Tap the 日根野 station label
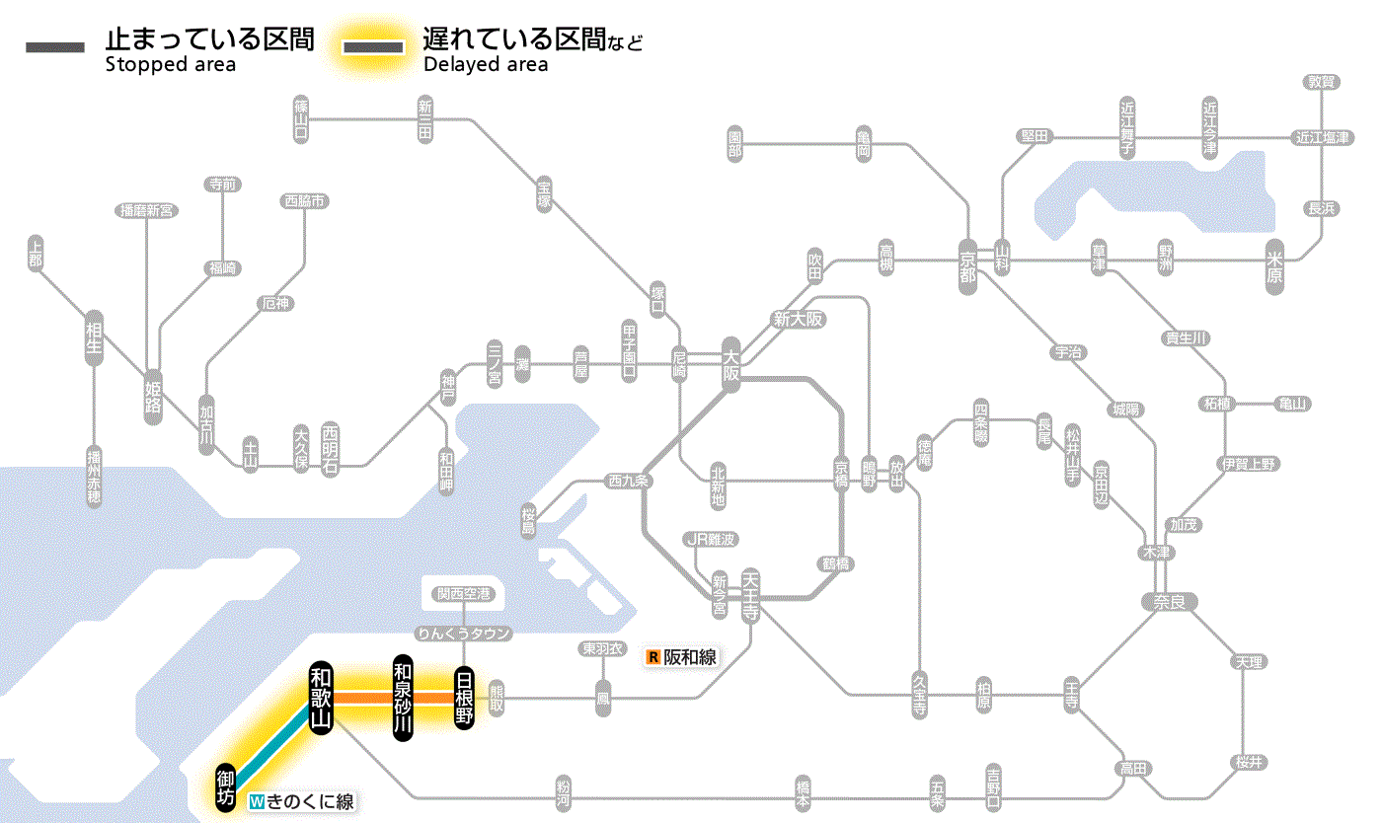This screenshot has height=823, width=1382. click(x=464, y=698)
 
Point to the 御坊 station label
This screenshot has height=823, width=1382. click(x=226, y=786)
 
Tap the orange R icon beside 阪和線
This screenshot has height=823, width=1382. click(x=653, y=656)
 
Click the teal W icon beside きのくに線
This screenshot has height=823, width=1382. click(x=257, y=801)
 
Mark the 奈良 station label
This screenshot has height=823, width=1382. click(x=1170, y=601)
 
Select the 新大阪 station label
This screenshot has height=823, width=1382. click(x=798, y=319)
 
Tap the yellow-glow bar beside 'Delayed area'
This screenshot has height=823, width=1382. click(x=373, y=47)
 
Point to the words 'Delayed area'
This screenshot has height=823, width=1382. click(x=486, y=65)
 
